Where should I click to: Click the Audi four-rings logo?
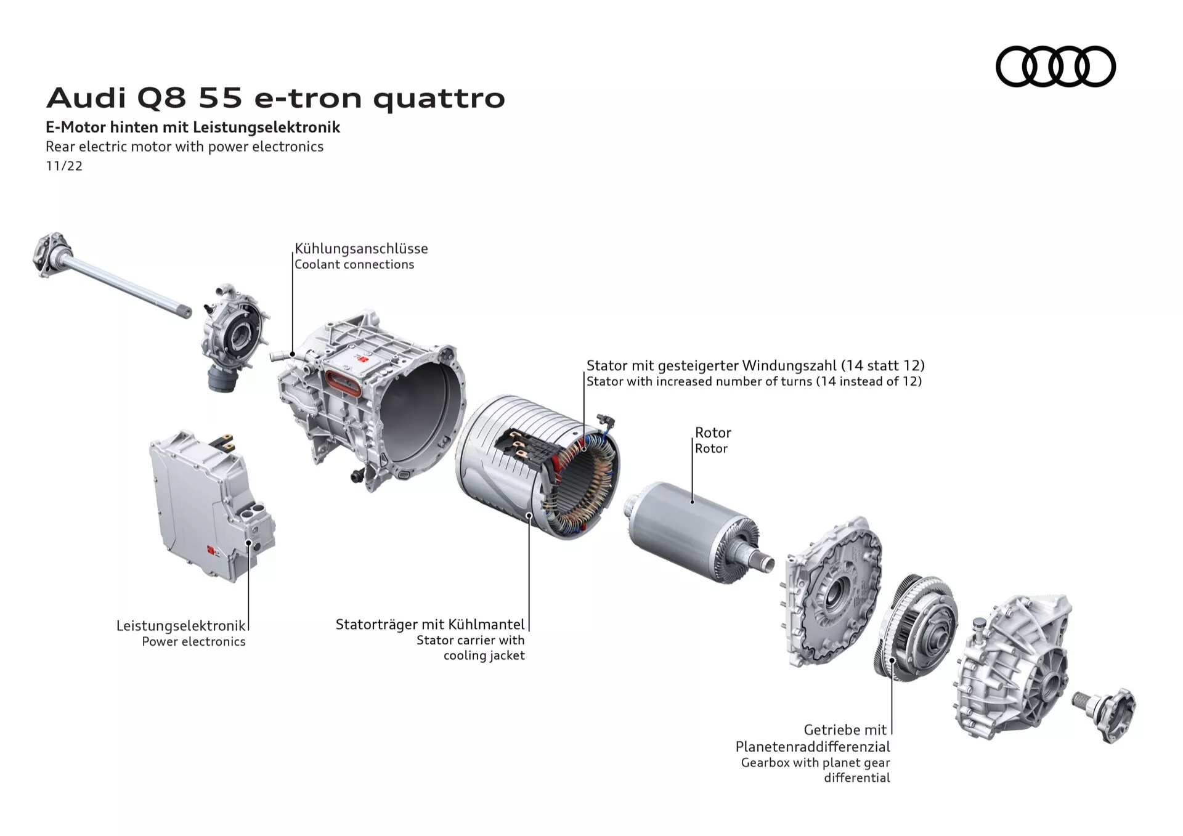pos(1055,67)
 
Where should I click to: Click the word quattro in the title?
pos(439,99)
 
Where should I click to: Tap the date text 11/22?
pos(64,166)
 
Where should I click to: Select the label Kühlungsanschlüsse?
pos(361,248)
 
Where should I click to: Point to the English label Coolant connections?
pos(354,264)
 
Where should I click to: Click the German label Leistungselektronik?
pos(181,625)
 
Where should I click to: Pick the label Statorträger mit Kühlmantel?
pos(430,624)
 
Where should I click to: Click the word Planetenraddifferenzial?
pos(813,747)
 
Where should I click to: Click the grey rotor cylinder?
pos(678,524)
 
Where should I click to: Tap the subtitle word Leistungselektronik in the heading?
pos(266,128)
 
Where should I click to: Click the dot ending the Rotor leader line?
pos(692,501)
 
